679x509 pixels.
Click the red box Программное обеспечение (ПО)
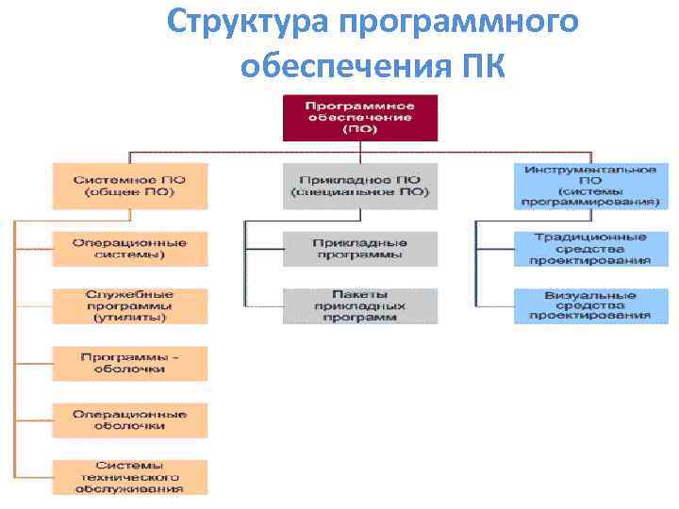tap(360, 117)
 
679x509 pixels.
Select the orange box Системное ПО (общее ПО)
tap(130, 186)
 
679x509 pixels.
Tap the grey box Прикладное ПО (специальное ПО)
tap(360, 186)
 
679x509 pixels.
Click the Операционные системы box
tap(130, 248)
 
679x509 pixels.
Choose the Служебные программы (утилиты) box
tap(130, 305)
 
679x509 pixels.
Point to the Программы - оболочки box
tap(130, 363)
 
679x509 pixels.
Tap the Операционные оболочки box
tap(130, 419)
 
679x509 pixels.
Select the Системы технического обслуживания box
tap(130, 476)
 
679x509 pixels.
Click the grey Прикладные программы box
tap(360, 248)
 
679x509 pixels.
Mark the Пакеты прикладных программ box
tap(360, 305)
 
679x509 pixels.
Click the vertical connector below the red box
tap(360, 147)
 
